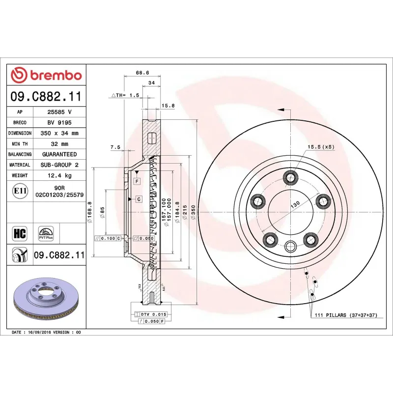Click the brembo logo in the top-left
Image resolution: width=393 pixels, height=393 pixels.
[46, 75]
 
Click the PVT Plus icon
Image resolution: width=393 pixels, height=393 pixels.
[46, 233]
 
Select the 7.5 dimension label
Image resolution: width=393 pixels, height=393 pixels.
[115, 147]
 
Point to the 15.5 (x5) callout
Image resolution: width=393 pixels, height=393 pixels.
[321, 147]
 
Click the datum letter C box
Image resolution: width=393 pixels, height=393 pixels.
[139, 198]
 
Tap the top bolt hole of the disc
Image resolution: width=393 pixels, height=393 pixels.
[291, 177]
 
